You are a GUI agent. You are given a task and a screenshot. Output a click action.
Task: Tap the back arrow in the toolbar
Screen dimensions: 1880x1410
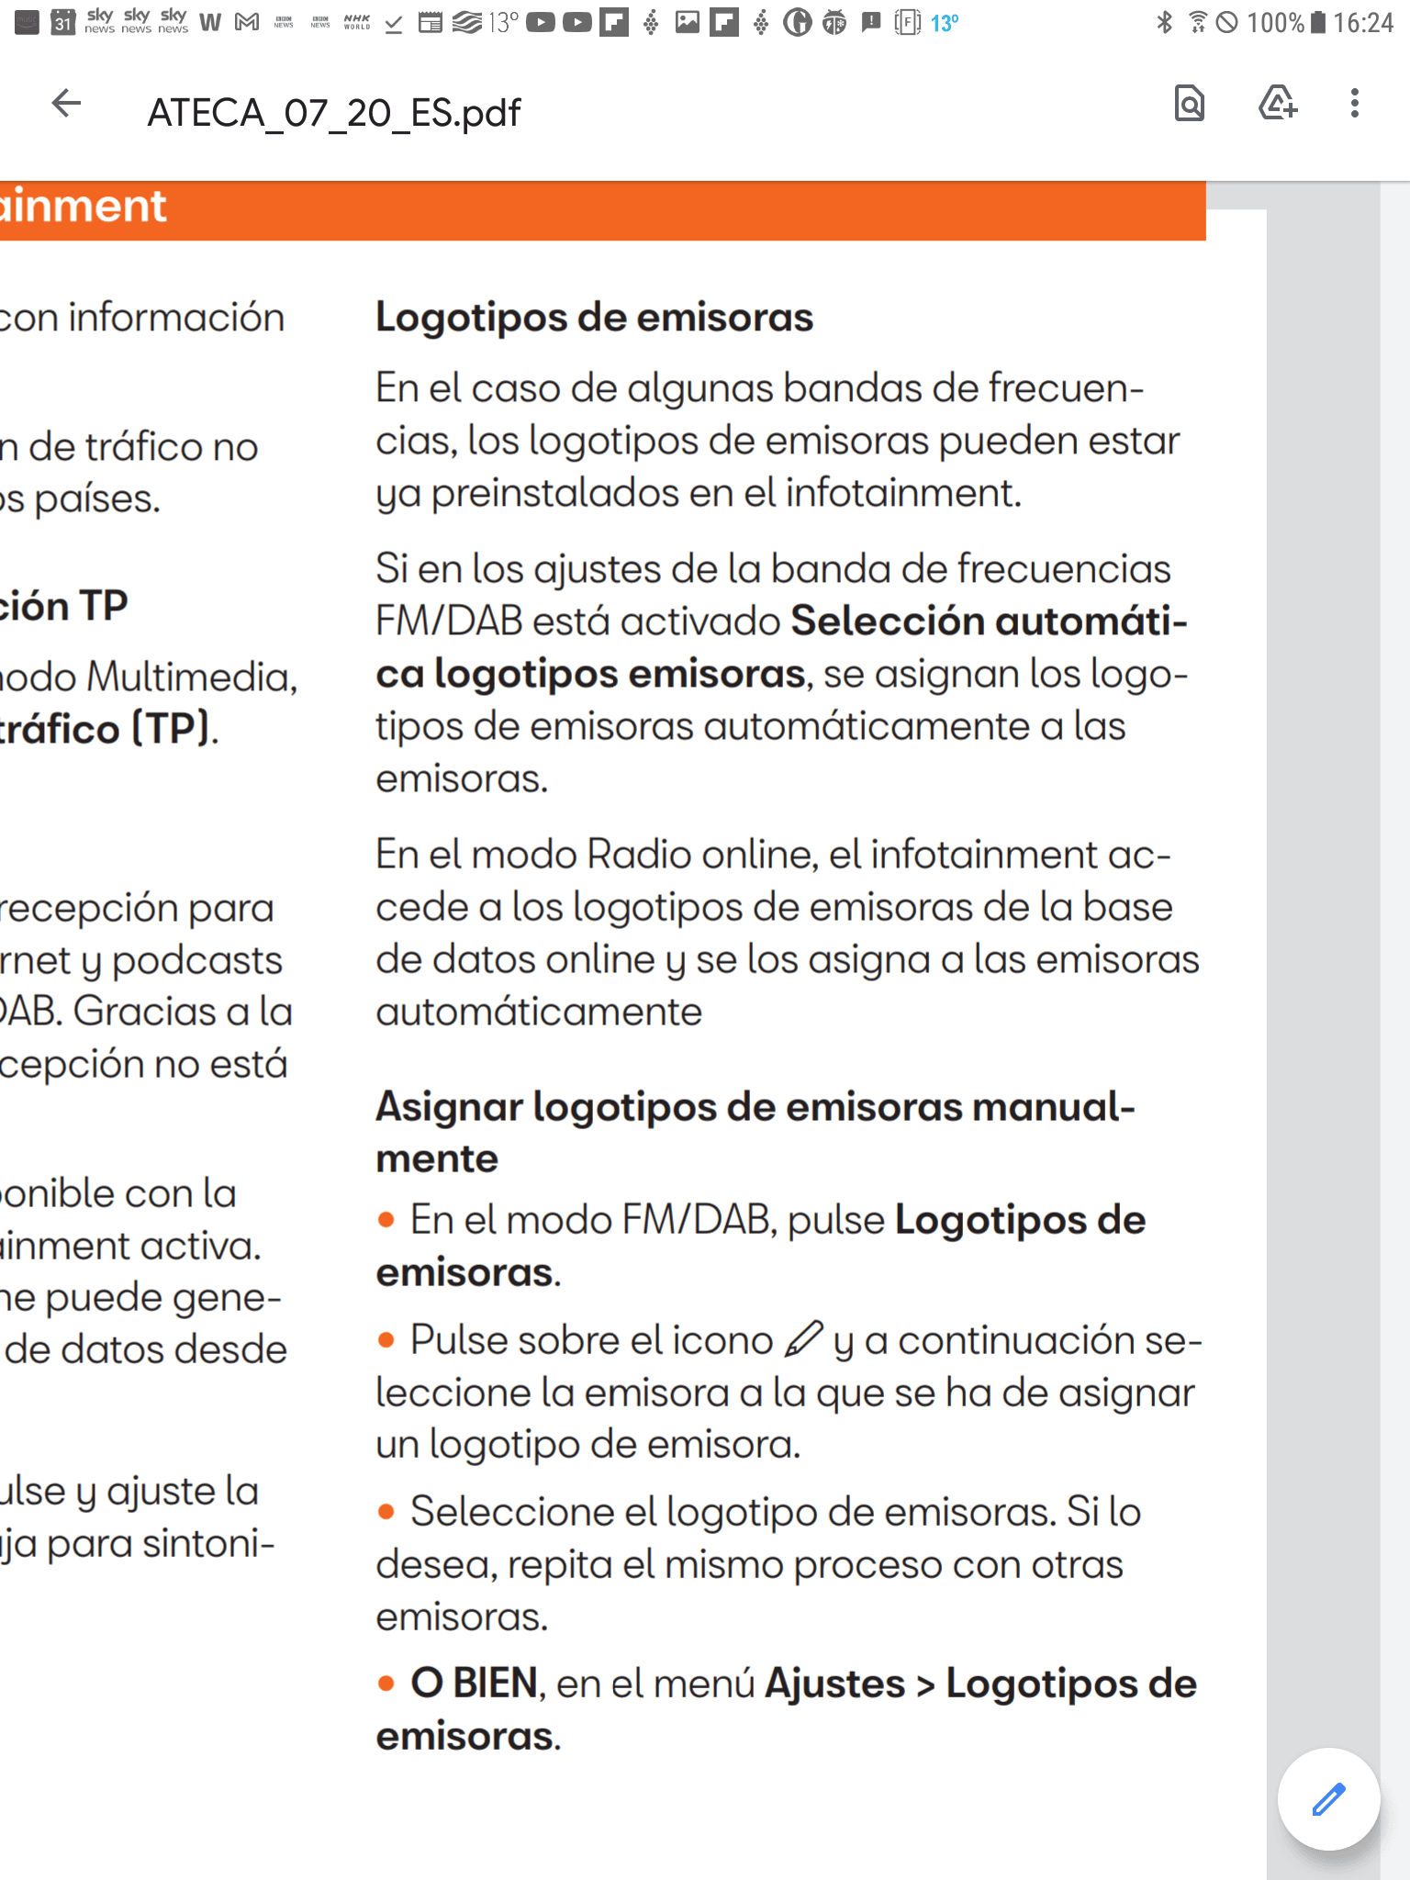(x=66, y=103)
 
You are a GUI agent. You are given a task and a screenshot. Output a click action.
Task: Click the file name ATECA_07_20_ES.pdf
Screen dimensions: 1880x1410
(x=334, y=113)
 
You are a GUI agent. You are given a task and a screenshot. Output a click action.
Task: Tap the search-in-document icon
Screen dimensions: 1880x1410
(x=1189, y=103)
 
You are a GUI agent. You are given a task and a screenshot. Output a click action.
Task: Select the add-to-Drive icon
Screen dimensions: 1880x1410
(x=1277, y=103)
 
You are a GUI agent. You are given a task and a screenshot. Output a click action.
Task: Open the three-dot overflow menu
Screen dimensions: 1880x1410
(x=1354, y=103)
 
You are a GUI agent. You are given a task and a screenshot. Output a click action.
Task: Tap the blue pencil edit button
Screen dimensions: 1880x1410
(x=1328, y=1799)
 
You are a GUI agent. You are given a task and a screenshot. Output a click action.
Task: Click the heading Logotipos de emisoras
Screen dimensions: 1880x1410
(x=594, y=318)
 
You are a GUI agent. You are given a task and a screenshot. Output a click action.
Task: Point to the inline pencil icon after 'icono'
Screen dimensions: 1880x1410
(x=803, y=1338)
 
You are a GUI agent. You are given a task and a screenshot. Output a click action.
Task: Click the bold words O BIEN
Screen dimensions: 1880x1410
(x=474, y=1684)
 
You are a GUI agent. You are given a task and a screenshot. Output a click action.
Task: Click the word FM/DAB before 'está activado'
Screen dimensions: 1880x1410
(x=448, y=621)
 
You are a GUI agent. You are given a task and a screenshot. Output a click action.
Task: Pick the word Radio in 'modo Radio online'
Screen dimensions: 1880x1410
(x=639, y=855)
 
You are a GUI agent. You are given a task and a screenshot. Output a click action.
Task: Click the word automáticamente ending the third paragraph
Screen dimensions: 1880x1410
(x=539, y=1013)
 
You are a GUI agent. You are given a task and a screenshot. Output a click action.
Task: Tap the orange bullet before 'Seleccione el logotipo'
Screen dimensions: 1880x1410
(x=386, y=1512)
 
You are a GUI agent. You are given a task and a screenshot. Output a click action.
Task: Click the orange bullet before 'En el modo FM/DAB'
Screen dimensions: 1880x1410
(x=386, y=1220)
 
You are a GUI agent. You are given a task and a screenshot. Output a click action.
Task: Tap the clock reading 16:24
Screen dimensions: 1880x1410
(x=1362, y=22)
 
